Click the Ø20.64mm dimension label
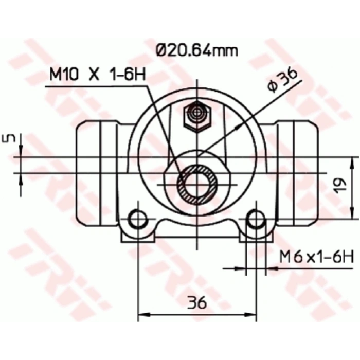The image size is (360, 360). (x=196, y=50)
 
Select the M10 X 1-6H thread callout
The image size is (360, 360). (x=98, y=75)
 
